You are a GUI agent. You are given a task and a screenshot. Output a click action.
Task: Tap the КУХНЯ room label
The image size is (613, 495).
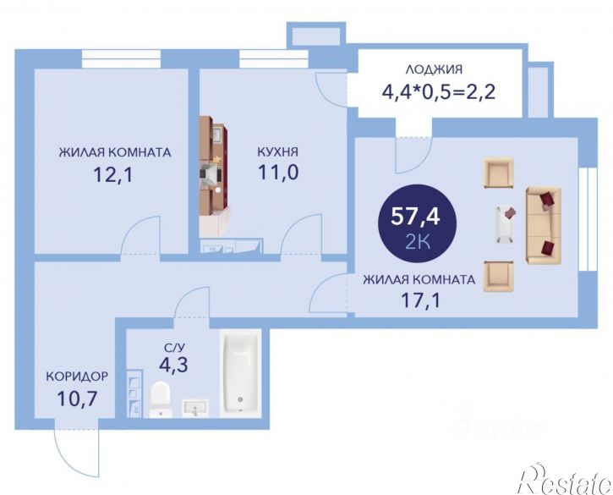point(277,152)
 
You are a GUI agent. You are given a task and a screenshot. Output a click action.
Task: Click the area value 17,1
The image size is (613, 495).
point(419,299)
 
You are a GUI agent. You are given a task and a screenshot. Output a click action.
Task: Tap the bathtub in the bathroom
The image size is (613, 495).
point(241,373)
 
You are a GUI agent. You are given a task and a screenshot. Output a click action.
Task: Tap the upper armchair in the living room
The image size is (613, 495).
point(499,173)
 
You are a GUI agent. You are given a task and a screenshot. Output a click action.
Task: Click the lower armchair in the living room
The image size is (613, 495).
point(499,276)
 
